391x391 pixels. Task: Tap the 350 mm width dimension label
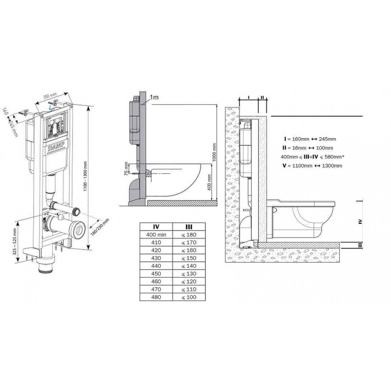(50, 96)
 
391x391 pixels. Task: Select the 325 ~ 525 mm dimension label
(15, 242)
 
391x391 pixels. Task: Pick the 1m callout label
(154, 97)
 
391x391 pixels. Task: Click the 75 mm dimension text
(126, 169)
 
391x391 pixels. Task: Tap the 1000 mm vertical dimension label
(214, 152)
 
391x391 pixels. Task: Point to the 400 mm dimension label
(209, 182)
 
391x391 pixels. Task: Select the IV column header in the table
(156, 227)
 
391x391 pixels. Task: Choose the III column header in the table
(189, 227)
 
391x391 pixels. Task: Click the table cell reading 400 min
(156, 235)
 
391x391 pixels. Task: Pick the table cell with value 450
(156, 274)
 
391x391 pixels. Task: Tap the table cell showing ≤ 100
(189, 297)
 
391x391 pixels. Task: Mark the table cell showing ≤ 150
(189, 258)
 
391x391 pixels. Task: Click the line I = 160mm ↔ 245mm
(310, 139)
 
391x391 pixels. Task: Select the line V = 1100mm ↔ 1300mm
(312, 166)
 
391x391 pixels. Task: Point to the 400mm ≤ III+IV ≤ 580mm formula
(312, 157)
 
